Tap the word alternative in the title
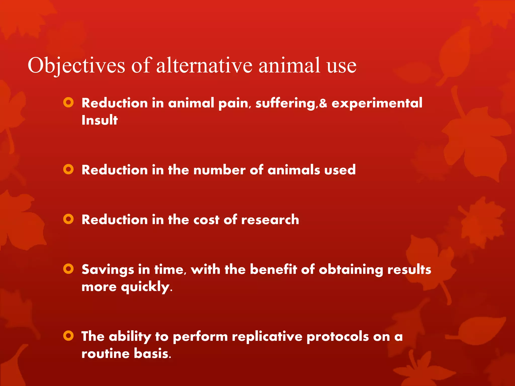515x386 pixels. click(x=204, y=65)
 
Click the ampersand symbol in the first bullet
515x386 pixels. click(x=323, y=103)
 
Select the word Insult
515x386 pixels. click(x=100, y=120)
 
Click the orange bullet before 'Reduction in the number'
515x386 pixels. click(x=68, y=169)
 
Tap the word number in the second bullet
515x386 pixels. click(x=219, y=170)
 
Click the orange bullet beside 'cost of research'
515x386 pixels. click(x=68, y=219)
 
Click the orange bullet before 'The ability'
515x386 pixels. click(x=68, y=336)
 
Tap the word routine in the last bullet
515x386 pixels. click(x=105, y=354)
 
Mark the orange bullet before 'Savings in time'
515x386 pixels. click(x=68, y=269)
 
